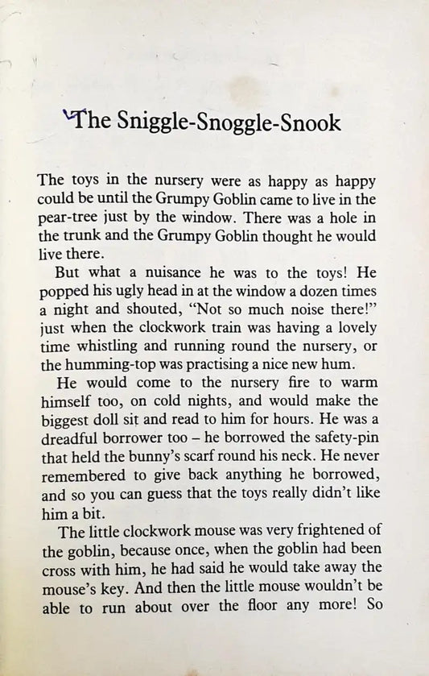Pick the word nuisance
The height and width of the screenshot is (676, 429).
[x=167, y=267]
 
